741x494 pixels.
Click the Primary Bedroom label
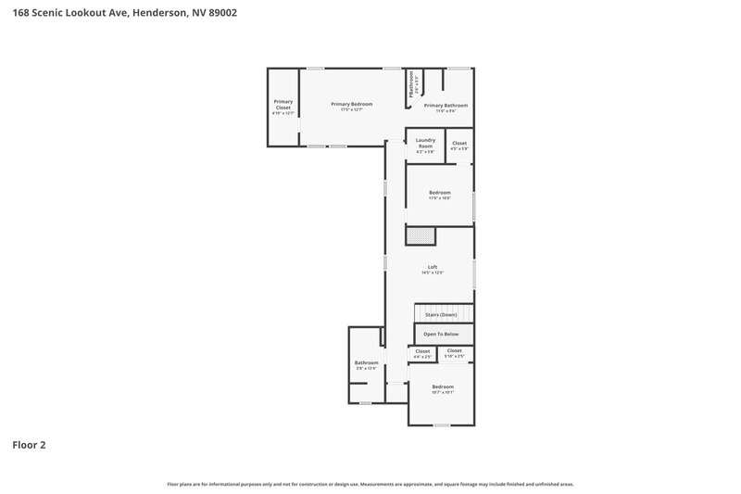click(x=351, y=104)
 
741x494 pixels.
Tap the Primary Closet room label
click(x=282, y=105)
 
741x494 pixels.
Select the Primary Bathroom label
click(x=446, y=106)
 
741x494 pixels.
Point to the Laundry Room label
click(x=425, y=143)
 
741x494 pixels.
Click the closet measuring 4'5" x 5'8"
click(x=459, y=146)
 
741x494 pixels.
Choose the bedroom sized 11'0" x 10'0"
click(x=439, y=194)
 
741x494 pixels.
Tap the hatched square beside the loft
click(x=421, y=236)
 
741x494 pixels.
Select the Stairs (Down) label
click(x=441, y=315)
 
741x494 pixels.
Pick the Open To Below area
click(x=441, y=334)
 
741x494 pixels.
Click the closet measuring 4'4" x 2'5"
click(x=422, y=352)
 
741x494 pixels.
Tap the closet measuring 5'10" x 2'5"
click(x=454, y=352)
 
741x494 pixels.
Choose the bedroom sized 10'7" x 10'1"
click(x=443, y=388)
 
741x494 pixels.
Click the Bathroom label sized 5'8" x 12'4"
click(x=366, y=364)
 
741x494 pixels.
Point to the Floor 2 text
click(x=29, y=445)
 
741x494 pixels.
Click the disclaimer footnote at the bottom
click(x=370, y=484)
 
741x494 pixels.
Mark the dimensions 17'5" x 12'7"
click(x=351, y=110)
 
